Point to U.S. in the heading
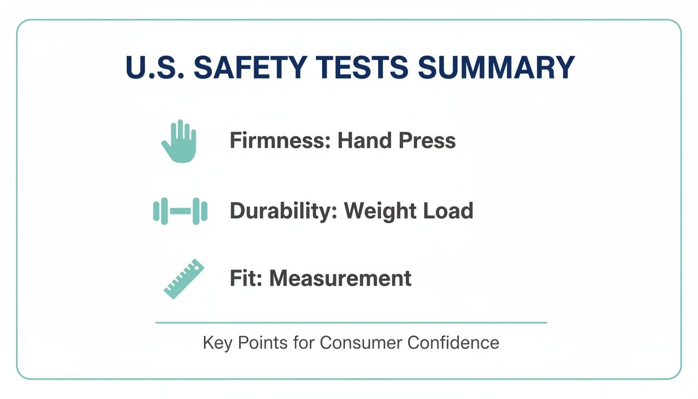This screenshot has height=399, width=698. [x=153, y=68]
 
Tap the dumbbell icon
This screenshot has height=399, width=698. [x=180, y=211]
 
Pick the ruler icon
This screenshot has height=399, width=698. [x=184, y=279]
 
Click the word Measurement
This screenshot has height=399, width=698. [x=340, y=278]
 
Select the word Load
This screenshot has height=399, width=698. [x=448, y=211]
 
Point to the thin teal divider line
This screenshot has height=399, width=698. [x=351, y=323]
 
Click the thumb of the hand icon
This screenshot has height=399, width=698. [x=166, y=144]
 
